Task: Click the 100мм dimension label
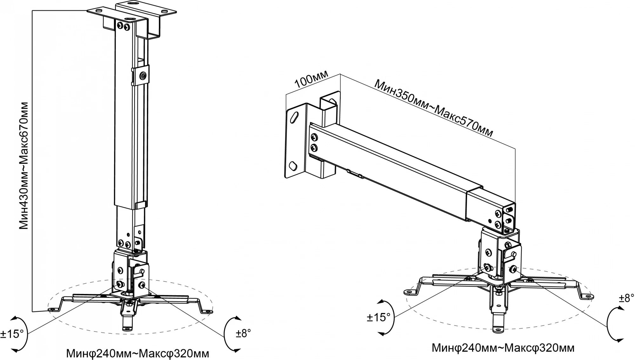(311, 80)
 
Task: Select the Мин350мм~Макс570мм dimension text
(434, 108)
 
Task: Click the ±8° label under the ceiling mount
(244, 333)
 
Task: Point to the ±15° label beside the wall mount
(378, 317)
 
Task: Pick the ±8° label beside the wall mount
(626, 298)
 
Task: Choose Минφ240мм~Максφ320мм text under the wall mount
(503, 348)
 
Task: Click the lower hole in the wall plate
(293, 166)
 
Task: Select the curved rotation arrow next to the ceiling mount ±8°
(229, 333)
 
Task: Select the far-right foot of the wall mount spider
(588, 296)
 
